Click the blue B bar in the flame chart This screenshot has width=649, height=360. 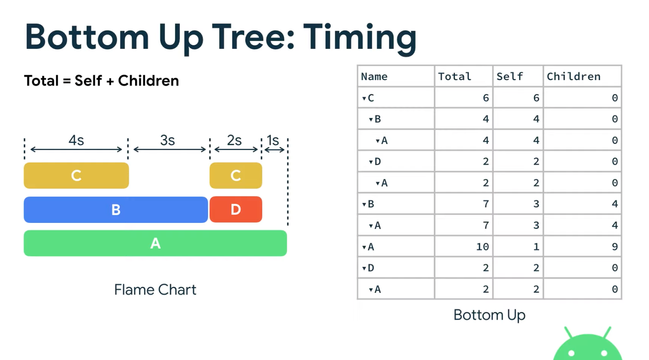(x=116, y=209)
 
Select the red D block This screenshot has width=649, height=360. (x=236, y=209)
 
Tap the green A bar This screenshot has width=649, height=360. (x=155, y=243)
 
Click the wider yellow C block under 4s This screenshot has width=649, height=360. (x=76, y=175)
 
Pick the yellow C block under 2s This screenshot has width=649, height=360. (x=236, y=175)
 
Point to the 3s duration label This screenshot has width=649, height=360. (x=167, y=140)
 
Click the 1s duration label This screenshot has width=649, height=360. (x=273, y=140)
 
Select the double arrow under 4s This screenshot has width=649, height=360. (x=76, y=150)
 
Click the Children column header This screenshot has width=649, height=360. (x=573, y=76)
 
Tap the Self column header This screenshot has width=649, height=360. (x=509, y=76)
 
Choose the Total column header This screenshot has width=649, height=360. (x=455, y=76)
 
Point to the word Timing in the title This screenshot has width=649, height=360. (x=360, y=37)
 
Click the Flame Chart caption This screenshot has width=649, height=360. (x=155, y=290)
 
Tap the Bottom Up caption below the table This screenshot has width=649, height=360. (x=489, y=315)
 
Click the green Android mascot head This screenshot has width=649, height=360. (x=587, y=346)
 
